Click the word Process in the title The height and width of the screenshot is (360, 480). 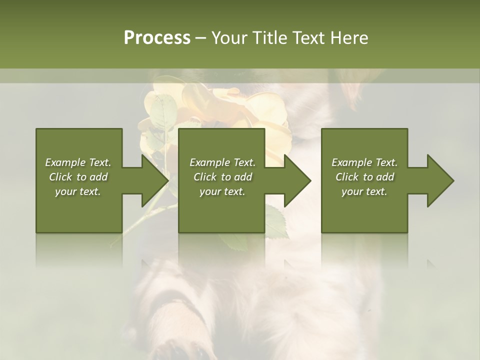pyautogui.click(x=157, y=38)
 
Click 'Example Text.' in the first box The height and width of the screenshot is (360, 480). pyautogui.click(x=78, y=162)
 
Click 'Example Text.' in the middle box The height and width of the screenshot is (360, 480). pyautogui.click(x=222, y=162)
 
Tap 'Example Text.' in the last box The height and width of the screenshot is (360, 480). pyautogui.click(x=364, y=162)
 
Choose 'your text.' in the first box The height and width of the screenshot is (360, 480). pyautogui.click(x=78, y=191)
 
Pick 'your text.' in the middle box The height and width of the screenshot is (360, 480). pyautogui.click(x=222, y=191)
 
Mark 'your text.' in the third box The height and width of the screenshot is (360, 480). pyautogui.click(x=364, y=191)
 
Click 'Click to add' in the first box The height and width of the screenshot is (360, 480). pyautogui.click(x=78, y=177)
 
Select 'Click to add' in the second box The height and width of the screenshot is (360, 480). pyautogui.click(x=222, y=177)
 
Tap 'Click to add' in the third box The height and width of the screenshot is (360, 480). pyautogui.click(x=364, y=177)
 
